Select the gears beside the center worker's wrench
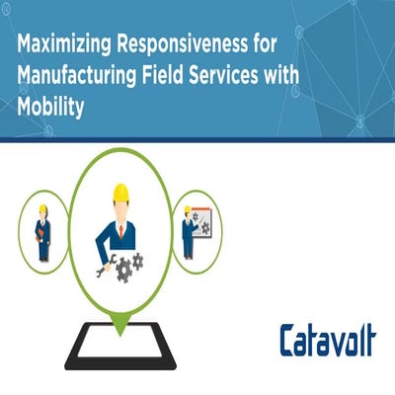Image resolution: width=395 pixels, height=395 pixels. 131,263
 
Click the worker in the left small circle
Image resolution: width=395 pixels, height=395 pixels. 42,233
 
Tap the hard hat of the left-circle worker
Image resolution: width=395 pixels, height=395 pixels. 42,209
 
